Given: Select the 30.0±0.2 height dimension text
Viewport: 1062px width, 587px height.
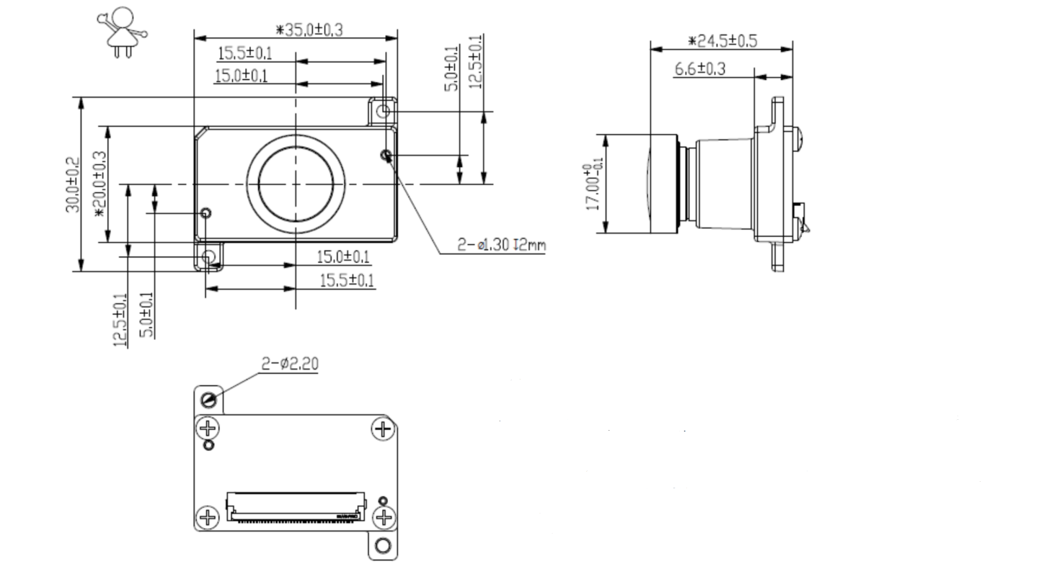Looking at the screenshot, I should tap(72, 185).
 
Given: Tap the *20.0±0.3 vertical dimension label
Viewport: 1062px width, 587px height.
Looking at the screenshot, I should tap(99, 184).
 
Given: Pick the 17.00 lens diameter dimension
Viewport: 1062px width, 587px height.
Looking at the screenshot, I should tap(594, 186).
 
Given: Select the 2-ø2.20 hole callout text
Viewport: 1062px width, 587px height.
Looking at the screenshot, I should tap(289, 364).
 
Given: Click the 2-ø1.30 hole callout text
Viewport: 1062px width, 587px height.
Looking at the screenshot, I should tap(501, 245).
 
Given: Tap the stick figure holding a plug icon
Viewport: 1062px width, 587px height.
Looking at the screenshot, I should tap(122, 32).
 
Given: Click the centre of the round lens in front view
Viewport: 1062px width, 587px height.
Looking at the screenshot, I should tap(296, 184).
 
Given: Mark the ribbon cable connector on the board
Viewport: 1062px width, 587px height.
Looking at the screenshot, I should tap(296, 506).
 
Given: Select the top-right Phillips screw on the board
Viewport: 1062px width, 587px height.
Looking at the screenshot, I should tap(382, 429).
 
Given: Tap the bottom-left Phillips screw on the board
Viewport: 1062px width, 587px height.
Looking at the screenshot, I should tap(208, 517).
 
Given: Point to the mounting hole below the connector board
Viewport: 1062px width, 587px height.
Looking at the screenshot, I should tap(384, 545).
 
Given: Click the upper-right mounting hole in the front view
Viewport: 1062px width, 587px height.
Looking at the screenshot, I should tap(384, 111).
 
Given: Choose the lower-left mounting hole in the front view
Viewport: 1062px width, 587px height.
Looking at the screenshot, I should tap(209, 256).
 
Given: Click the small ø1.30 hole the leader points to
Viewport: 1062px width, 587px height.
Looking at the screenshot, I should tap(386, 154).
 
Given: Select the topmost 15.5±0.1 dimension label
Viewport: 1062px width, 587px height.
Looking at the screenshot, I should tap(245, 53).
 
